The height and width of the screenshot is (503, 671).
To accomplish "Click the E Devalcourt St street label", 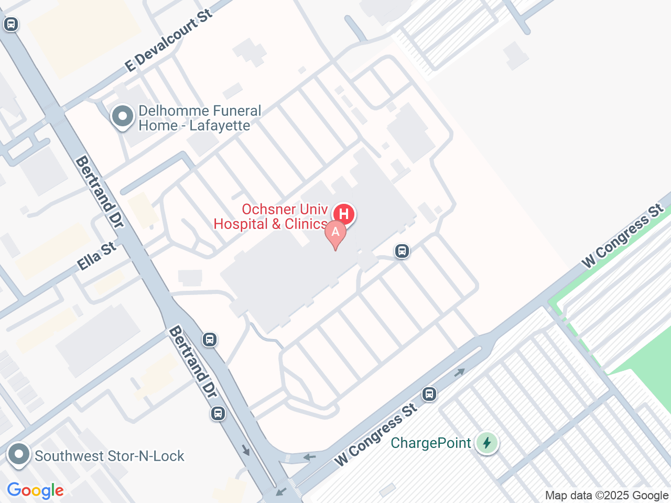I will point(169,40).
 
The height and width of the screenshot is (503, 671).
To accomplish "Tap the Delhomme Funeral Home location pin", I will point(123,117).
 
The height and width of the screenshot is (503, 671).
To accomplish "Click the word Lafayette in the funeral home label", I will point(220,126).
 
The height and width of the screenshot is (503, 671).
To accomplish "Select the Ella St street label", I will point(96,256).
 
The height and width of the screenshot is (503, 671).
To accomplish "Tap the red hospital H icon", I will point(344,214).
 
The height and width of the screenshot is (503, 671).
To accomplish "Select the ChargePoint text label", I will point(431,443).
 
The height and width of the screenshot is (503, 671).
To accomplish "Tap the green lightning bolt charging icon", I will point(487,443).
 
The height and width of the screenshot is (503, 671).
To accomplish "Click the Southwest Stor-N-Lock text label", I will point(110,456).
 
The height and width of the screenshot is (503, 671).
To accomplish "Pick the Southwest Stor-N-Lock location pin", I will point(19,454).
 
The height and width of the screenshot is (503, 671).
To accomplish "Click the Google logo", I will point(35,491).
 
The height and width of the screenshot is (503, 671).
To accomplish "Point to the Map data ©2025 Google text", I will point(607,495).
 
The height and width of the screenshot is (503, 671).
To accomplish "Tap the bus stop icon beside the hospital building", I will point(402,251).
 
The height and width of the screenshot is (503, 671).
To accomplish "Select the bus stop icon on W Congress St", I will point(429,393).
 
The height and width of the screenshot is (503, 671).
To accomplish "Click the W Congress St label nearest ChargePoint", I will point(376,435).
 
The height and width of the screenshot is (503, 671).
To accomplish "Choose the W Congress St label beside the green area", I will point(623,236).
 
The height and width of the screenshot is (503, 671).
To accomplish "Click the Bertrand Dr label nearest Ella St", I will point(100,192).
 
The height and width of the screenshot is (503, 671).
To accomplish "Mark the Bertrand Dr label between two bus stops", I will point(192,362).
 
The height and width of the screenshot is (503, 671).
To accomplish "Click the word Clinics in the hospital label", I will point(306,224).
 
